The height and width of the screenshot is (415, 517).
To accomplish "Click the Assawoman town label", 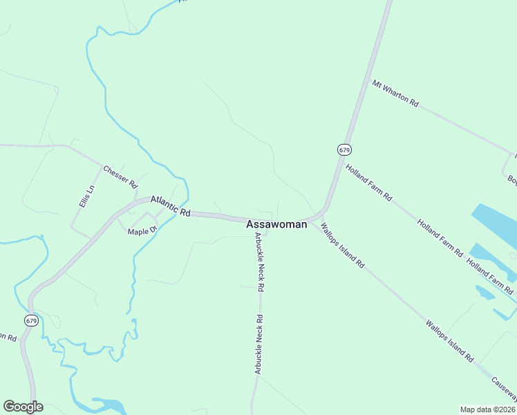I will [x=276, y=224].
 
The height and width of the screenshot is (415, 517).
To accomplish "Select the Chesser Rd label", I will [x=120, y=176].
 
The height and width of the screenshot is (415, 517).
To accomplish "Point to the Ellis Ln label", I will [x=86, y=199].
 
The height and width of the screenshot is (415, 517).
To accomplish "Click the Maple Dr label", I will [x=143, y=230].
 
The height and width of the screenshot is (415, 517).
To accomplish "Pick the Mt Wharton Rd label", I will [x=395, y=93].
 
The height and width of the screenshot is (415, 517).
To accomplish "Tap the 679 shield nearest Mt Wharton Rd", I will [x=344, y=149].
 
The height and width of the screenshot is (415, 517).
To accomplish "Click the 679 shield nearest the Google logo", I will [x=30, y=320].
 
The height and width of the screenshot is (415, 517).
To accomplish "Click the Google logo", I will [x=23, y=407].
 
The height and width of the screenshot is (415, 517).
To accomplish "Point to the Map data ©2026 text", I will [x=488, y=409].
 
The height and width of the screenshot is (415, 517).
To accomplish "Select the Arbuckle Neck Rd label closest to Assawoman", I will [x=260, y=261].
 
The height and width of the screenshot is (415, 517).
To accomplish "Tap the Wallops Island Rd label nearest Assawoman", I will [x=343, y=245].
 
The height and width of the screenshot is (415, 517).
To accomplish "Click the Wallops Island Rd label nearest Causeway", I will [x=449, y=342].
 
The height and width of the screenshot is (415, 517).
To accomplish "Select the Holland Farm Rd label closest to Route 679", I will [x=369, y=183].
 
